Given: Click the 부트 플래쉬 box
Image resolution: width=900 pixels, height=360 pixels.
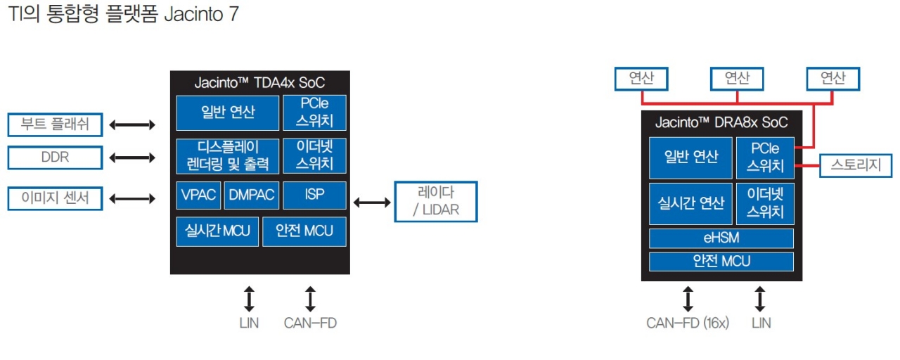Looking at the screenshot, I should point(55,125).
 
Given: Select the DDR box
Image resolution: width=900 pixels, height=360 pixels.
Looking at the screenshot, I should point(55,157).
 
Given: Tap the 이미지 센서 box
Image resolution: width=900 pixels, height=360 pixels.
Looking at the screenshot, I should point(55,198).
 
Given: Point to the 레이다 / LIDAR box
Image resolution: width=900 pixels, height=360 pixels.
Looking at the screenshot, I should point(435,202).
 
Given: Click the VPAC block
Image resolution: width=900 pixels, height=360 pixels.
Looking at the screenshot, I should point(199,195).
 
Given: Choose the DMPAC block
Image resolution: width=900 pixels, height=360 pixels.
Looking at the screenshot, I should point(252,195).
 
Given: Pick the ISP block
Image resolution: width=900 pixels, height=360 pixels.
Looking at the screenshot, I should point(314,195).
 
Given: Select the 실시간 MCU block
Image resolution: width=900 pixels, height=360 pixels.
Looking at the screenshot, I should point(217,231).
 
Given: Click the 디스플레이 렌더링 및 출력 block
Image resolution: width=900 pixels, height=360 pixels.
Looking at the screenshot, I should point(227,156).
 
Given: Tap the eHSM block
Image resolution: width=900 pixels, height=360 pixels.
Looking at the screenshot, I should point(721,238).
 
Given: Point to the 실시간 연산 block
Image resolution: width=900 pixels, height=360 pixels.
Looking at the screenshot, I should point(690,202).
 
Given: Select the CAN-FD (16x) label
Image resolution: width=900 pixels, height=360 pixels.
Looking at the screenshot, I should point(688,323).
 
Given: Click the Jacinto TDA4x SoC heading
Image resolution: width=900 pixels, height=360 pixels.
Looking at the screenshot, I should point(259,82).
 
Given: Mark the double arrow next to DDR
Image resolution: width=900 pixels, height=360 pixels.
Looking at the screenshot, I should point(132,157).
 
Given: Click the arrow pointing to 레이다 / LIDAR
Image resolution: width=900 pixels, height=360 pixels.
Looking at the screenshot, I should point(371,202).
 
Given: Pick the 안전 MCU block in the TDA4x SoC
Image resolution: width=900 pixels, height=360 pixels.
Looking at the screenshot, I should point(304,231).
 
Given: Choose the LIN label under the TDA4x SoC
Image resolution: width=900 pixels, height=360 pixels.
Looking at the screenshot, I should point(249,323).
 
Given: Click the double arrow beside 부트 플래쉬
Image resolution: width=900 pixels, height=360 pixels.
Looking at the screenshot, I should point(132,125).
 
